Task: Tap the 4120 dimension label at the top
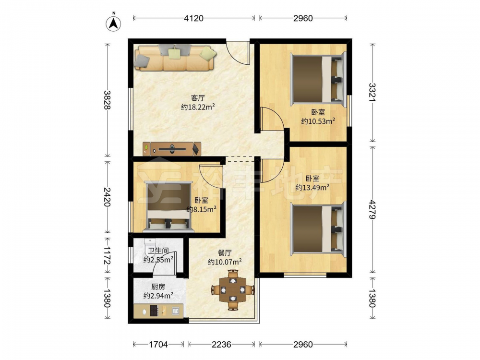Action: (x=193, y=18)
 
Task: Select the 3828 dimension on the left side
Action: (x=107, y=100)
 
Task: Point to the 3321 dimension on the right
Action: (x=372, y=92)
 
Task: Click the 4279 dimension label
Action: (x=372, y=209)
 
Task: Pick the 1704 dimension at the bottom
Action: (x=158, y=345)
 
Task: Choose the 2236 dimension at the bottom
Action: (x=221, y=345)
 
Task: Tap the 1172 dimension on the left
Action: (x=107, y=256)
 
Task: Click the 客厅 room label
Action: (x=198, y=98)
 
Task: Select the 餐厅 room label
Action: (x=225, y=253)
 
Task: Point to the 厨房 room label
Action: (x=158, y=287)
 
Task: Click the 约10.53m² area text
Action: (x=318, y=121)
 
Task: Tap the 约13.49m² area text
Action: (x=312, y=187)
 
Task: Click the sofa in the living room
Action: (x=175, y=58)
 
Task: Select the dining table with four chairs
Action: (x=233, y=289)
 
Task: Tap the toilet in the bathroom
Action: (x=150, y=246)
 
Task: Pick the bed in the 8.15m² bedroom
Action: (x=169, y=206)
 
